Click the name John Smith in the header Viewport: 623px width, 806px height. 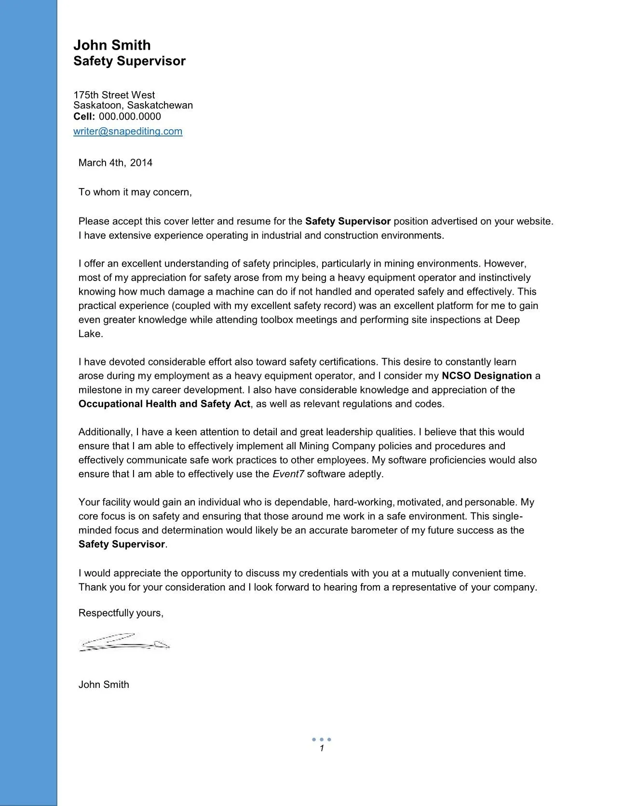coord(112,45)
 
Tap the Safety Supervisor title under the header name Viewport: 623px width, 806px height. coord(129,61)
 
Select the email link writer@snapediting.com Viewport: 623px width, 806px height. coord(128,131)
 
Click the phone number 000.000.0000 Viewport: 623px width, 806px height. coord(130,117)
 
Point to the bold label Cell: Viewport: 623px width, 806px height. coord(84,117)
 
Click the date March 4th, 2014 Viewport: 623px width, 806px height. coord(115,163)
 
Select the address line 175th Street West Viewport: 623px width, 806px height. coord(114,95)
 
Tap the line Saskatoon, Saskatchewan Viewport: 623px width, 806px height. coord(133,106)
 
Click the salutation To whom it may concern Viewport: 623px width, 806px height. coord(135,192)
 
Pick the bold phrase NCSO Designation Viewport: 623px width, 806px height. coord(486,376)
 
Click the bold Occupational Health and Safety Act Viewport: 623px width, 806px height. coord(164,404)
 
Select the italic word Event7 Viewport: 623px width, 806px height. coord(288,474)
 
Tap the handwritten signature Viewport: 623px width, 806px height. coord(124,643)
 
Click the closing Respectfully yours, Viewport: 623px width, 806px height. coord(121,613)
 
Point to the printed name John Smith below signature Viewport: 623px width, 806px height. coord(104,685)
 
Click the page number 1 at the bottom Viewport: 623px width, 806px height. coord(322,749)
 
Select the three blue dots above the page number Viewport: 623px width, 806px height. coord(321,739)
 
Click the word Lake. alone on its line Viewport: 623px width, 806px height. coord(91,334)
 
